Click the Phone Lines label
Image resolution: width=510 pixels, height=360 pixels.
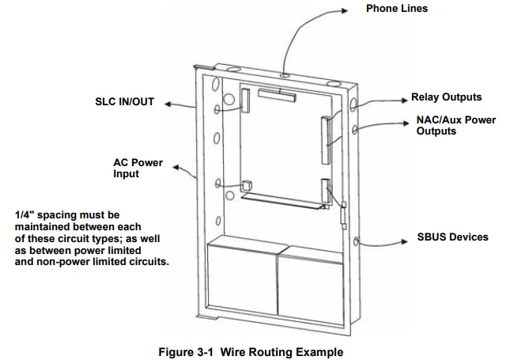tap(396, 9)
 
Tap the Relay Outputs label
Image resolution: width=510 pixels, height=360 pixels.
tap(446, 97)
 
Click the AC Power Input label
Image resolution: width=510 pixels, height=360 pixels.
tap(138, 168)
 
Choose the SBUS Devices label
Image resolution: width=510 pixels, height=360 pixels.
tap(452, 237)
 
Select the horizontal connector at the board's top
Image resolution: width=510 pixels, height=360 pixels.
tap(276, 96)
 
